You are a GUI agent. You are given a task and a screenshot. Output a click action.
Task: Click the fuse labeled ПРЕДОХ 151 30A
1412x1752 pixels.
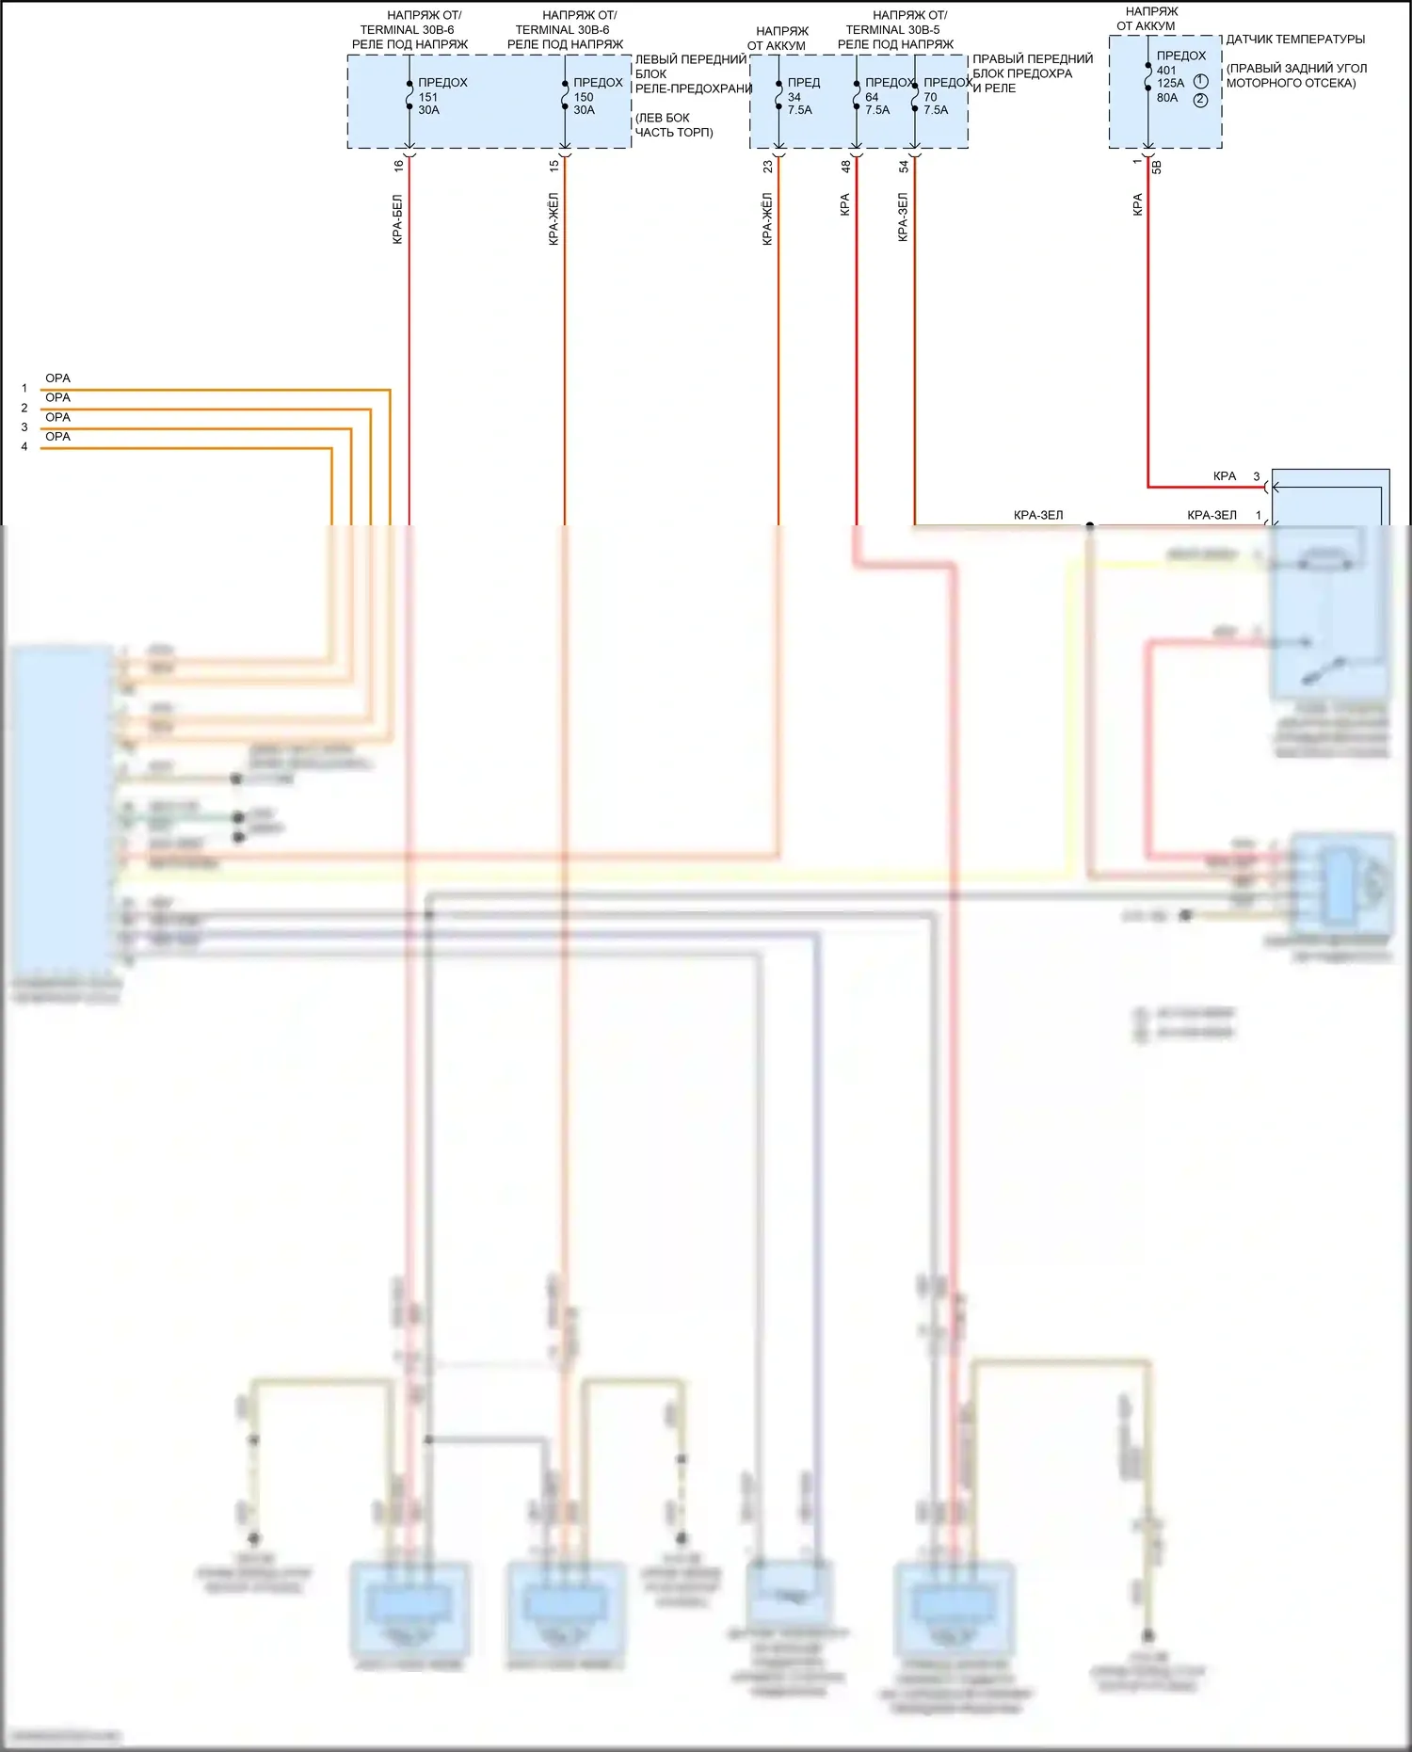441,96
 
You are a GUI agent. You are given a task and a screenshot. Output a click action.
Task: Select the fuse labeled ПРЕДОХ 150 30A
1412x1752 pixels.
596,96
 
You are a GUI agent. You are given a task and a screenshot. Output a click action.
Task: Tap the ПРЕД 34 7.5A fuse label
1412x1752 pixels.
802,96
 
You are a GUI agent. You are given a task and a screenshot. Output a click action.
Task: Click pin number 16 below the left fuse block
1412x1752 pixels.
398,166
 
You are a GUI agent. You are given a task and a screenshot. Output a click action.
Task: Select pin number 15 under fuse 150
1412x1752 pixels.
554,166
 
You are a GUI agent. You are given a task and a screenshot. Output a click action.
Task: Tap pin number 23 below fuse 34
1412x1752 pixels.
768,166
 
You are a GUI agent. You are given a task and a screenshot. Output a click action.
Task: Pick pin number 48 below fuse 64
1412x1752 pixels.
845,166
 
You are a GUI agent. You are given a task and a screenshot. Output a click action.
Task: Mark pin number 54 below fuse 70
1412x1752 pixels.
904,166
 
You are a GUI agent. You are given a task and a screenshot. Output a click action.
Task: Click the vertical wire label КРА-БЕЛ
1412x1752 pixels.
397,219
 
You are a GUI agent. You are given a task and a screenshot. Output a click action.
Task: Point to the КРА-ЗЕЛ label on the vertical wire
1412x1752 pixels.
903,217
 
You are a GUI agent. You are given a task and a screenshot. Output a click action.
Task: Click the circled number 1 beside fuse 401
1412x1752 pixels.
1200,82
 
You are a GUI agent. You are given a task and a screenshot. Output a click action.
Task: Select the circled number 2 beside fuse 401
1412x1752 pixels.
1200,100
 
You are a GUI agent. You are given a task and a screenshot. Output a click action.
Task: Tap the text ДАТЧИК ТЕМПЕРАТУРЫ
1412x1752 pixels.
1294,40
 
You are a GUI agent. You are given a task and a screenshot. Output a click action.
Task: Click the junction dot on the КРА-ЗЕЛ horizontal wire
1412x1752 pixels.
1090,525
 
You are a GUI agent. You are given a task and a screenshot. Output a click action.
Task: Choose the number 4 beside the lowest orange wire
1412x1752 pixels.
24,447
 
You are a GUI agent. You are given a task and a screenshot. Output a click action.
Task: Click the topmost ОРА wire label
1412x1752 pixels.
57,378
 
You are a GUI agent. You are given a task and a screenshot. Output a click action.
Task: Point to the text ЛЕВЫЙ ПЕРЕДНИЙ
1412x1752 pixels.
690,59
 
